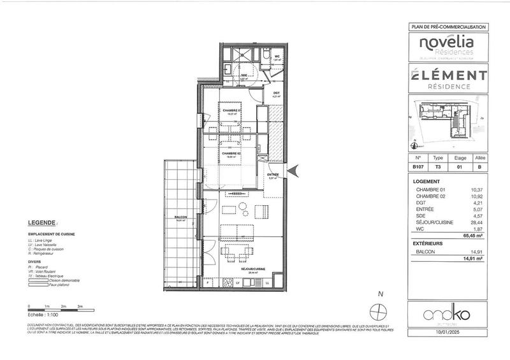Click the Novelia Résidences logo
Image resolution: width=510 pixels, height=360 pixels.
446,45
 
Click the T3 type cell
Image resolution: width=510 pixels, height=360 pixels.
437,168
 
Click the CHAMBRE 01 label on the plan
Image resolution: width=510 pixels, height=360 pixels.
231,110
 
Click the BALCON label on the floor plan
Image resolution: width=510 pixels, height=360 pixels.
180,217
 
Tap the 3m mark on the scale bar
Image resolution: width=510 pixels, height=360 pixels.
80,306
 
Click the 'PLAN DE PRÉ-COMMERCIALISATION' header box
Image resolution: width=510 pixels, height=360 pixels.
446,27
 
